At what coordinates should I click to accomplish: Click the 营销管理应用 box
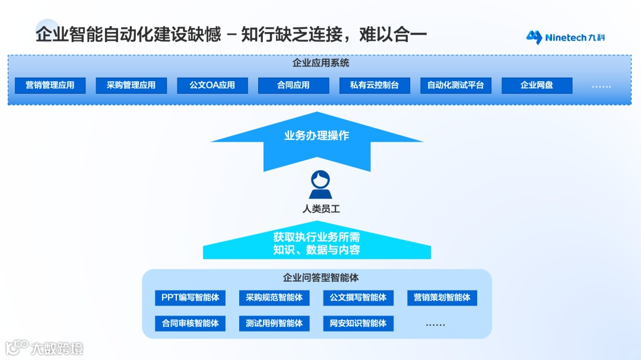[x=50, y=85]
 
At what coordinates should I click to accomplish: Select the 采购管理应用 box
[x=131, y=85]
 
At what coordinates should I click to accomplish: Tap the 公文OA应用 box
[x=212, y=85]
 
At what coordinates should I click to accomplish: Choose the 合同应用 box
[x=293, y=85]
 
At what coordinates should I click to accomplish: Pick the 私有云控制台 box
[x=375, y=85]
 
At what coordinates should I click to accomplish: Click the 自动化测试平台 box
[x=456, y=85]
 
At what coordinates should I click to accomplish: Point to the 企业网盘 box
[x=537, y=85]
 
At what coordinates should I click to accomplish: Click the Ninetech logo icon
[x=535, y=37]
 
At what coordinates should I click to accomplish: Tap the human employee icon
[x=320, y=184]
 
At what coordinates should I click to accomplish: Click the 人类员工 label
[x=320, y=209]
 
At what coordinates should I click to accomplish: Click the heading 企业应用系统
[x=320, y=63]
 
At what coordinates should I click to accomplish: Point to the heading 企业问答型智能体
[x=320, y=278]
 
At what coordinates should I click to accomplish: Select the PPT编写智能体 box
[x=190, y=298]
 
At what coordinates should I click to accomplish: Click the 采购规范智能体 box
[x=274, y=298]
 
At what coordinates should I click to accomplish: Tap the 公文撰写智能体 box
[x=358, y=298]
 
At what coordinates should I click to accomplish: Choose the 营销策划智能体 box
[x=442, y=298]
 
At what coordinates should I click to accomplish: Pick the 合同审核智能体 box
[x=190, y=323]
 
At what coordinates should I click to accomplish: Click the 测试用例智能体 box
[x=274, y=323]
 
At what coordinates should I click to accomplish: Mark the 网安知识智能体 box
[x=358, y=323]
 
